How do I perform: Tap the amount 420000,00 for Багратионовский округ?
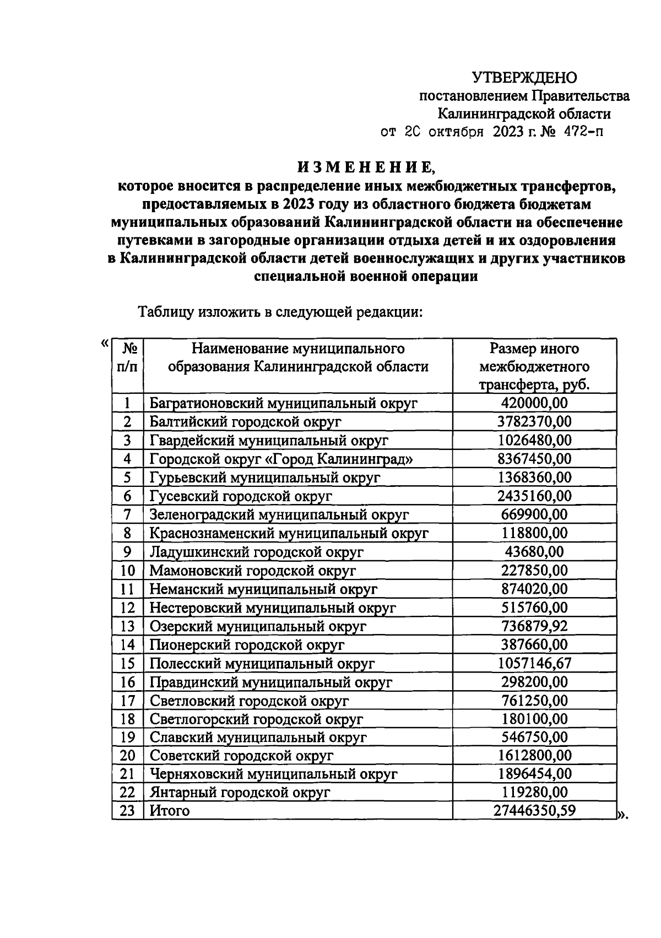[x=534, y=403]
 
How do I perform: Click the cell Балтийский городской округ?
[x=245, y=422]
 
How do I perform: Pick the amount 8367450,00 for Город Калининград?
[x=534, y=459]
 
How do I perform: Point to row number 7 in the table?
[x=127, y=514]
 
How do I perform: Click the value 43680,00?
[x=534, y=551]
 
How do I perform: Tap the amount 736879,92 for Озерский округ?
[x=534, y=626]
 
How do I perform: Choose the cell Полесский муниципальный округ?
[x=262, y=663]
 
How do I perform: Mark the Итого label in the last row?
[x=170, y=811]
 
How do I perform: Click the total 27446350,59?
[x=534, y=810]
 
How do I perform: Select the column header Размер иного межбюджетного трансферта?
[x=534, y=366]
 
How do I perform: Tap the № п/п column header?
[x=128, y=357]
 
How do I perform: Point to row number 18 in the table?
[x=127, y=719]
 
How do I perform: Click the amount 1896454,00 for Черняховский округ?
[x=534, y=773]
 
